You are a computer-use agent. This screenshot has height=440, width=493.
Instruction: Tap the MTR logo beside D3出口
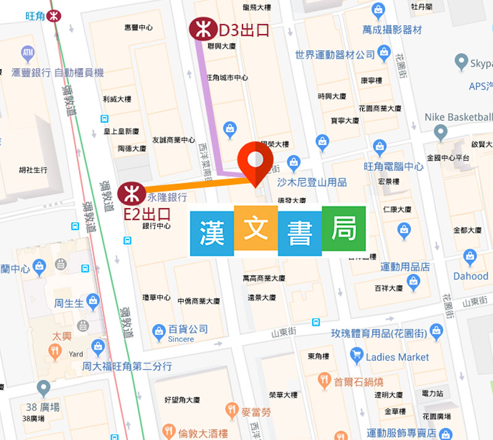click(x=201, y=29)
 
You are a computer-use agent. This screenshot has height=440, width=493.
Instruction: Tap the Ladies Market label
click(x=397, y=357)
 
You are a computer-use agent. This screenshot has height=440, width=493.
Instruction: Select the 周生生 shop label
click(x=69, y=303)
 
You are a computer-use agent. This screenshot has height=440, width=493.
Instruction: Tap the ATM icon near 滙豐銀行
click(x=27, y=51)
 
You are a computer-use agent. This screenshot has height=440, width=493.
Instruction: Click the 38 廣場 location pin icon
click(x=43, y=388)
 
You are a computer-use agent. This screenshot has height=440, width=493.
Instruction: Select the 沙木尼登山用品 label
click(x=312, y=182)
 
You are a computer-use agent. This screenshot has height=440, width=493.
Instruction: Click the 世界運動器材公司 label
click(x=335, y=54)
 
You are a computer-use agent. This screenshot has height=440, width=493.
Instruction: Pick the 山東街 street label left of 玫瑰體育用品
click(x=284, y=333)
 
